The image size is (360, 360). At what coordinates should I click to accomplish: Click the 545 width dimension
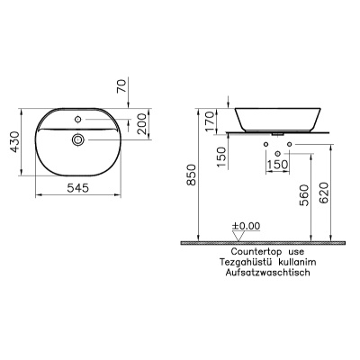point(77,188)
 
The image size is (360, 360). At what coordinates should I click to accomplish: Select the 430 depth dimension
point(15,142)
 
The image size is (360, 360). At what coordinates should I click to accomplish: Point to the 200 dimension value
point(142,123)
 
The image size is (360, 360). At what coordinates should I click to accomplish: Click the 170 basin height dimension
point(210,121)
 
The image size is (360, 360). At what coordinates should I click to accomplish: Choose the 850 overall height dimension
point(191,175)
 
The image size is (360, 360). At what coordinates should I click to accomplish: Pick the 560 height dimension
point(304,195)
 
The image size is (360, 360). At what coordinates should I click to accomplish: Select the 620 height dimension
point(324,193)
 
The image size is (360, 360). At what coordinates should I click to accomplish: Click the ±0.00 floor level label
point(247,226)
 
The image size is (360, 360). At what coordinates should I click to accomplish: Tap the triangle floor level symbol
point(238,236)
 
